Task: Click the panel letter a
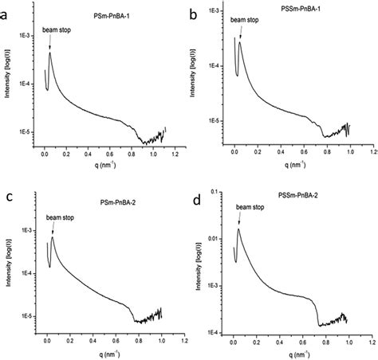pos(7,14)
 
